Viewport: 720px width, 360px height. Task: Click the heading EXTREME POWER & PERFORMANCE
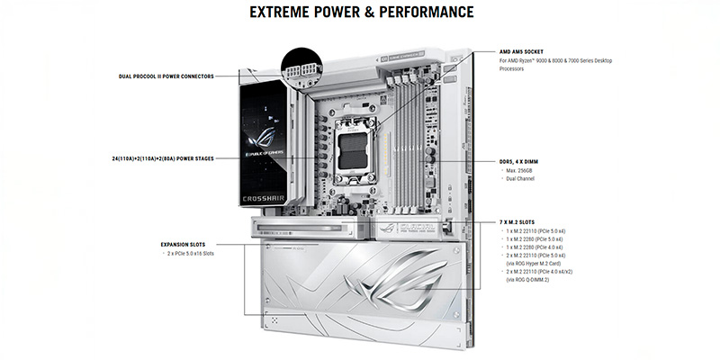click(x=359, y=13)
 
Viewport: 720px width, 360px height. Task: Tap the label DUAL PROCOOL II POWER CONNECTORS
click(x=166, y=76)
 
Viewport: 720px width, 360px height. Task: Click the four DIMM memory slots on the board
click(x=409, y=135)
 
